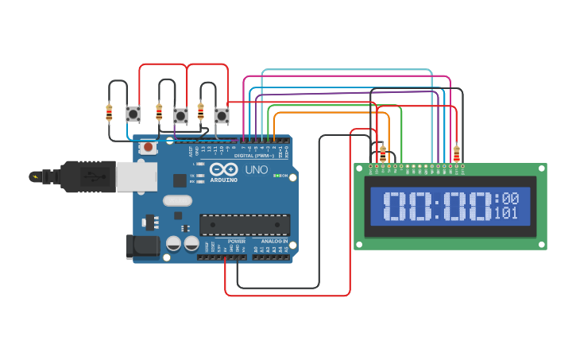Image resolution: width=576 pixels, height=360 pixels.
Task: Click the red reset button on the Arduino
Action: pos(148,147)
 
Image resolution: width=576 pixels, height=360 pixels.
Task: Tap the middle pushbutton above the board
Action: pos(180,115)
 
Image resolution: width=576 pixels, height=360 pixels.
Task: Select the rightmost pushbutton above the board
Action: pos(222,116)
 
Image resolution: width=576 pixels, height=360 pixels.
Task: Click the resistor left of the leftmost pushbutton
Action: pos(109,114)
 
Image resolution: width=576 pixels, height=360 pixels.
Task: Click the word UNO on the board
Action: pos(256,170)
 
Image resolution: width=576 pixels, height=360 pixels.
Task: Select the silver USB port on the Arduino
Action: pos(136,176)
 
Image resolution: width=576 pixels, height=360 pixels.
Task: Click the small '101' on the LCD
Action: pos(506,213)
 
